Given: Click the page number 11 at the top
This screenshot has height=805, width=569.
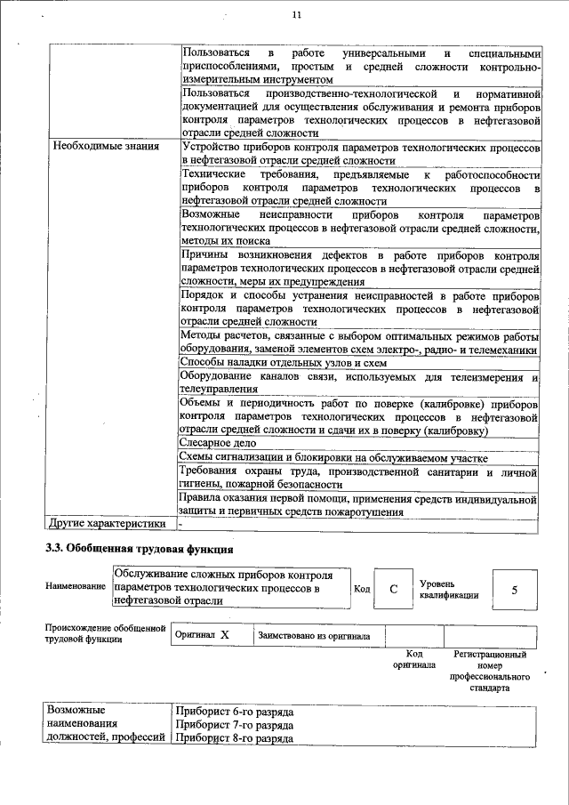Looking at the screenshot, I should click(x=297, y=14).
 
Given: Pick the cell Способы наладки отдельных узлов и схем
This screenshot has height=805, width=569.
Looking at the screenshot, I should click(x=284, y=363).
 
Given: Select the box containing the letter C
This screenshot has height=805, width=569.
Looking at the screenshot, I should click(x=392, y=588).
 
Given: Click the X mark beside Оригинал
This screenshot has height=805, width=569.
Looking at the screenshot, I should click(x=225, y=635).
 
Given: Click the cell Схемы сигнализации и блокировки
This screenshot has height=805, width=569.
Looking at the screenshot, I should click(x=333, y=457).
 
